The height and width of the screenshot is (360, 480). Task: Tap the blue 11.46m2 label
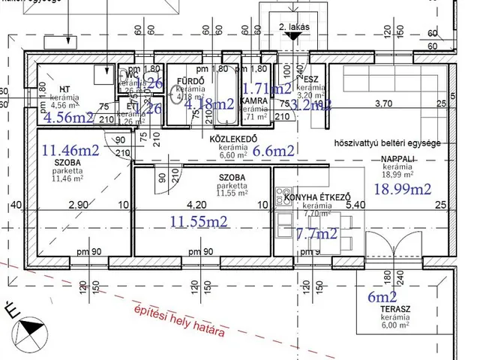70,149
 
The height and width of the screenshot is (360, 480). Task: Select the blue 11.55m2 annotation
199,221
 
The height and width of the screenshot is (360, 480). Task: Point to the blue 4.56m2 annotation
68,117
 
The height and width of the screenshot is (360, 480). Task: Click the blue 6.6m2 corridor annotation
274,150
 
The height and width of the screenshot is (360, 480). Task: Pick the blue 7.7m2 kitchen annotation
317,233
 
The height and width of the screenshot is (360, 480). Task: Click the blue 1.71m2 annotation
267,88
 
